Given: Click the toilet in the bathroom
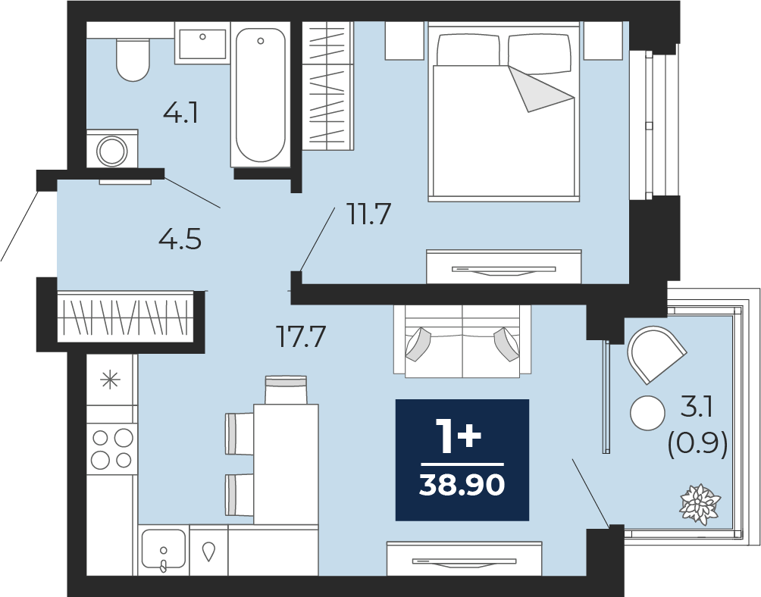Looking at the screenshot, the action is [x=133, y=59].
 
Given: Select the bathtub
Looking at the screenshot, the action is [x=260, y=94].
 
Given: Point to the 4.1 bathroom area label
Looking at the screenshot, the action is [x=181, y=114].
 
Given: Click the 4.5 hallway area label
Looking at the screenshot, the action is [x=180, y=239].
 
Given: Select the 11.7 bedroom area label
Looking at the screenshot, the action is [x=368, y=214].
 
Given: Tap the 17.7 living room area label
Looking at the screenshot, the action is [x=300, y=336].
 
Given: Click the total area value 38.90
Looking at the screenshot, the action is [x=462, y=484].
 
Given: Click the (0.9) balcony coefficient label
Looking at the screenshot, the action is [x=697, y=443].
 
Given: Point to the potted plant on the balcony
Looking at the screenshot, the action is [x=700, y=504].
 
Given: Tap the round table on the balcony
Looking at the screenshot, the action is [x=647, y=413].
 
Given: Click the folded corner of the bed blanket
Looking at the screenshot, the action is [x=539, y=90].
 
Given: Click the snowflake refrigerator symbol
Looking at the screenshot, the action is [x=110, y=380].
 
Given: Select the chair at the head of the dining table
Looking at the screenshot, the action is [x=286, y=389].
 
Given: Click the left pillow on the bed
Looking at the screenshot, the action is [x=468, y=50].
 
